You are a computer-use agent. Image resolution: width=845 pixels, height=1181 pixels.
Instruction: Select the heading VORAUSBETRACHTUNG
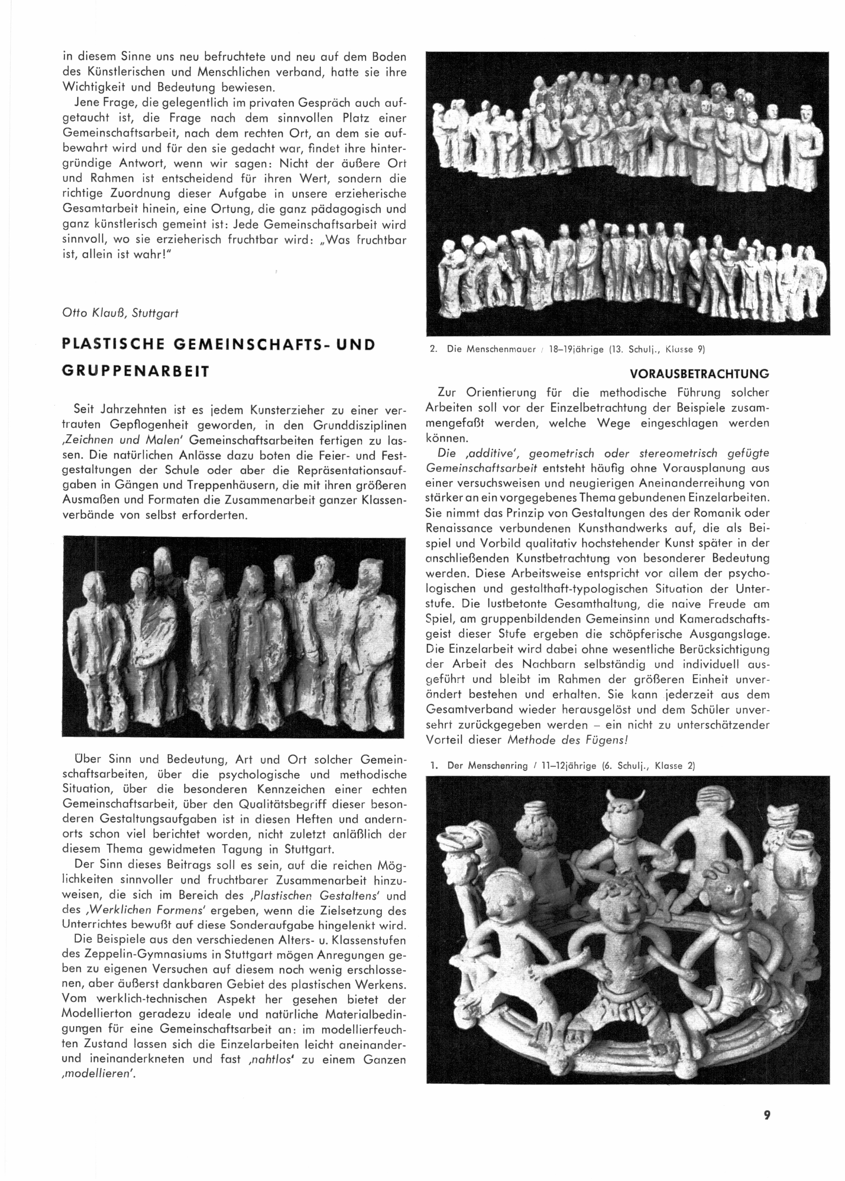pos(699,373)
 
